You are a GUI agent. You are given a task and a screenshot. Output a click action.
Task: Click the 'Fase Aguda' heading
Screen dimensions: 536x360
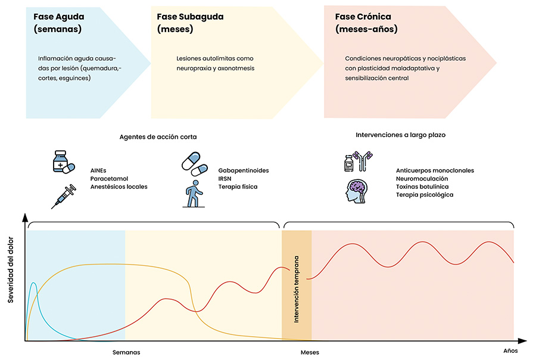[x=59, y=17]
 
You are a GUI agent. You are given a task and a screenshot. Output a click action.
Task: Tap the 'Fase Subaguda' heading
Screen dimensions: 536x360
[x=190, y=17]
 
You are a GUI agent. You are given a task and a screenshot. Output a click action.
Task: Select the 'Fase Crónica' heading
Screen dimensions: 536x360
[x=363, y=17]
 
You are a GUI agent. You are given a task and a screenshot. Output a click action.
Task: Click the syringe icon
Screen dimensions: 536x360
[x=64, y=197]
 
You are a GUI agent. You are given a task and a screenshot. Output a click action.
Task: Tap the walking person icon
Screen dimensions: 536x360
[x=194, y=194]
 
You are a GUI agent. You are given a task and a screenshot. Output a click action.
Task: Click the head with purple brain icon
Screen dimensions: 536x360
[x=357, y=191]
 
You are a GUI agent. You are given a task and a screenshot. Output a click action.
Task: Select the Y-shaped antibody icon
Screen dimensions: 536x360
[x=363, y=161]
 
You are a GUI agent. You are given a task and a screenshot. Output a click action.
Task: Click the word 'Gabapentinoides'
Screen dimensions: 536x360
[x=244, y=170]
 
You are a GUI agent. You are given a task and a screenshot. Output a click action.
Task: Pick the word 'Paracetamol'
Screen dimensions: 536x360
[x=109, y=179]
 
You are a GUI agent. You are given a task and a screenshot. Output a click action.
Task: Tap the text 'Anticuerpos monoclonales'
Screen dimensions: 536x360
[x=435, y=170]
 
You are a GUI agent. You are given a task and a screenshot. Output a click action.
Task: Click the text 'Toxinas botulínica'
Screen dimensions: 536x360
[x=422, y=187]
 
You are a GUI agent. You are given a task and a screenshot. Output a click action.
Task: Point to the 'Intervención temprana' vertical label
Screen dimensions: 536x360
[x=297, y=289]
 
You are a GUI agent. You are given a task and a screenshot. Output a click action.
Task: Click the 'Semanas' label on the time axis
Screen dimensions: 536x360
[x=126, y=352]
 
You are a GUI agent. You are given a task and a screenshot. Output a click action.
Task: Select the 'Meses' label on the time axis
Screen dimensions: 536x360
[x=310, y=352]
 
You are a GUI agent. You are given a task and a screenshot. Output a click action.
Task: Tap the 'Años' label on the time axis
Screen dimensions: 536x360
[x=510, y=350]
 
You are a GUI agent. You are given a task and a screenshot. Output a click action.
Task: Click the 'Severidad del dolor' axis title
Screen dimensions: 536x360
[x=11, y=269]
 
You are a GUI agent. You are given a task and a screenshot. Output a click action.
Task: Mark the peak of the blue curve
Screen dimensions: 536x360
[x=33, y=283]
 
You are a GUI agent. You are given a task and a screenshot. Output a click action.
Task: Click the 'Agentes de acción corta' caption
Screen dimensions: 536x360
[x=158, y=137]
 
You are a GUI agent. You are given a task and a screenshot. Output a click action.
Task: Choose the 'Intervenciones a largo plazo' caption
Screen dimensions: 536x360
[x=400, y=135]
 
